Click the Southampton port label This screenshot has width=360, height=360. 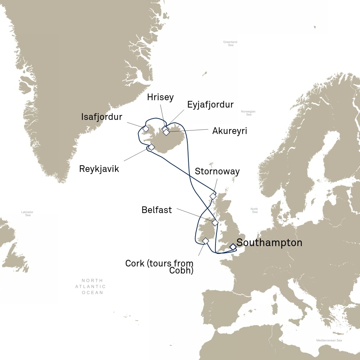point(269,243)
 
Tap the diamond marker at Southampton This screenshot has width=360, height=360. point(233,247)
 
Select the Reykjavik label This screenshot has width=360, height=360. point(99,169)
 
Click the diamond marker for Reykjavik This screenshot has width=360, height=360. point(152,147)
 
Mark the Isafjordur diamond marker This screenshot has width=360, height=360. point(146,129)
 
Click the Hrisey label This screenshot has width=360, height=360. point(161,97)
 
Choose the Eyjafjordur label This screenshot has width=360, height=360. point(210,104)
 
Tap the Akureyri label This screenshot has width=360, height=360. point(230,131)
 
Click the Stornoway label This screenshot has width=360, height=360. point(217,172)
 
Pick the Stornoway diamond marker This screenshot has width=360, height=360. point(213,196)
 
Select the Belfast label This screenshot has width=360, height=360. point(156,210)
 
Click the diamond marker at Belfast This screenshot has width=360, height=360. point(215,223)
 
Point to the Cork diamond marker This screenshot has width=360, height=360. point(206,241)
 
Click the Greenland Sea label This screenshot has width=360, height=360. point(230,44)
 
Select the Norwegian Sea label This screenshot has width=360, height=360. point(249,113)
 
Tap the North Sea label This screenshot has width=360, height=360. point(254,210)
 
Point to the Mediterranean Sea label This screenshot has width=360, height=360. point(329,340)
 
